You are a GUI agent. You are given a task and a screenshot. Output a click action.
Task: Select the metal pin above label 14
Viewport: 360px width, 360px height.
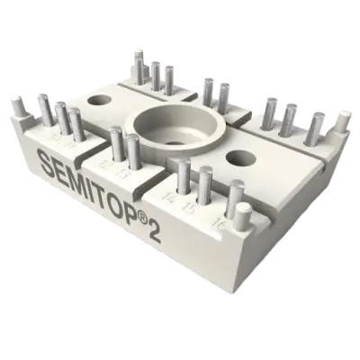[184, 175]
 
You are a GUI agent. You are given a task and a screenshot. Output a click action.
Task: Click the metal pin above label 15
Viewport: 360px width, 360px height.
[205, 183]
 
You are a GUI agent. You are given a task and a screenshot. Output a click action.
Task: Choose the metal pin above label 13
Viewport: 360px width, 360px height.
[133, 149]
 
